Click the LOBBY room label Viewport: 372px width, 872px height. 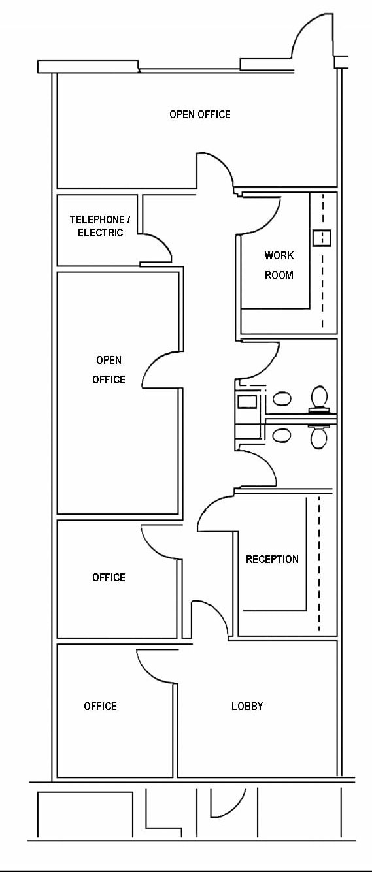pos(247,706)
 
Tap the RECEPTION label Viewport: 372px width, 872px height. pos(272,559)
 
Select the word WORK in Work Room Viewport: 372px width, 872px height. pos(279,255)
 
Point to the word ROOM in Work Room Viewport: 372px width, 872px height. pos(279,275)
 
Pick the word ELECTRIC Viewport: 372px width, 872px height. pos(101,233)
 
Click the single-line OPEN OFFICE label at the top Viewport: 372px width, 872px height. pos(200,114)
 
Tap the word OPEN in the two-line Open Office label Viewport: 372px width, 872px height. pos(109,360)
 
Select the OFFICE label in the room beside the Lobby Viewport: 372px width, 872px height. pos(101,706)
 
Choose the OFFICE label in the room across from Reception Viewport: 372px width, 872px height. pos(109,577)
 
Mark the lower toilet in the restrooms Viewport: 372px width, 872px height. pos(319,436)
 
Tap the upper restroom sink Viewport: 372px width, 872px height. pos(282,398)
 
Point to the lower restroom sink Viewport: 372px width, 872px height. pos(282,435)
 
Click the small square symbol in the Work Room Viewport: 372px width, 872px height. pos(322,238)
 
